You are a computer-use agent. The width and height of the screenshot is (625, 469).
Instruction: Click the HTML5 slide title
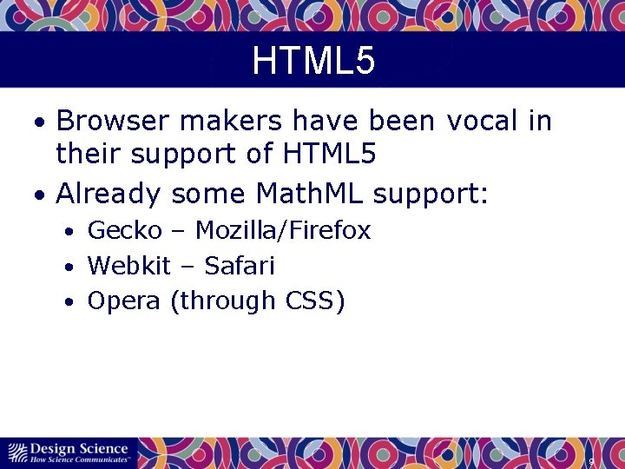click(313, 62)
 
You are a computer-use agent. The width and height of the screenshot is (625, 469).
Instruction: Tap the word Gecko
click(124, 230)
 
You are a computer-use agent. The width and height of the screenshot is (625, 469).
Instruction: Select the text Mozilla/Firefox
click(283, 230)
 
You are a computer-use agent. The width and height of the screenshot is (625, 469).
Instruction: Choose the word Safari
click(239, 265)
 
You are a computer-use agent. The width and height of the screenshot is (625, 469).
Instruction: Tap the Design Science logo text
click(78, 448)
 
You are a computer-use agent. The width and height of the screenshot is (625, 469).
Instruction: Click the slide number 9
click(591, 462)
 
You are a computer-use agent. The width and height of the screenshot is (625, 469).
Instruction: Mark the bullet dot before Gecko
click(68, 232)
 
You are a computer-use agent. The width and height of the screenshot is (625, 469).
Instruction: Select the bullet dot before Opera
click(68, 302)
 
